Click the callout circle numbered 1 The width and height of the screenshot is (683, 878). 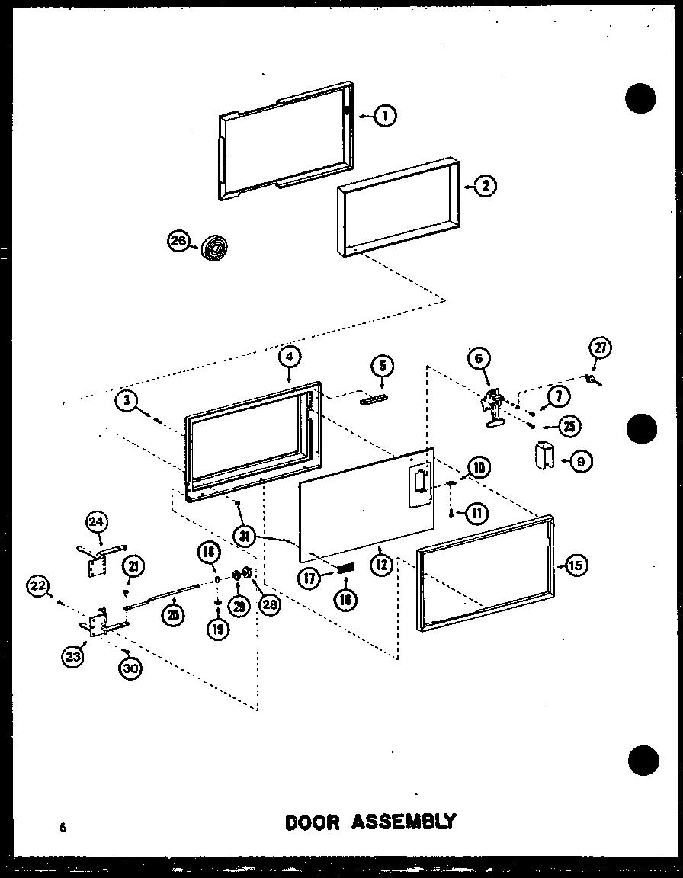pos(386,116)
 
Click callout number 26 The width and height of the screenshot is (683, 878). pos(177,242)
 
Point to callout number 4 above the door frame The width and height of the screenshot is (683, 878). pos(290,356)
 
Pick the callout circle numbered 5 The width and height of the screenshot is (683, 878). pos(383,367)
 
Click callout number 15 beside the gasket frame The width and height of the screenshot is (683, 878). pos(575,565)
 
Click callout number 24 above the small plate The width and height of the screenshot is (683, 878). pos(97,522)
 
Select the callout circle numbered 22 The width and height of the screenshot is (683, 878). pos(37,585)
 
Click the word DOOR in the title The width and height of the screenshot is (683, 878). pos(316,822)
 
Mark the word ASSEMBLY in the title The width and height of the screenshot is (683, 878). pos(405,822)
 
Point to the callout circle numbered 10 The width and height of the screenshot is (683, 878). pos(479,466)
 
